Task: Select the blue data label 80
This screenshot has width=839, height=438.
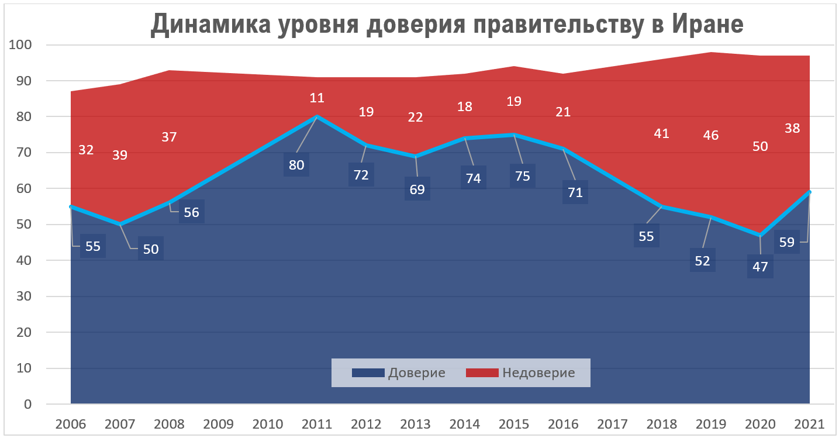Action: (296, 165)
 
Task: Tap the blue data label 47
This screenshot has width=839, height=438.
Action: (760, 267)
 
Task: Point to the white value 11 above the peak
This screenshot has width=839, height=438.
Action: (317, 98)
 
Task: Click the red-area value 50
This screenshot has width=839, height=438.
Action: (760, 146)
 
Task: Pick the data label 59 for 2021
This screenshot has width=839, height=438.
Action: (787, 242)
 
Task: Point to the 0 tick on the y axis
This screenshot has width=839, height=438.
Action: (27, 404)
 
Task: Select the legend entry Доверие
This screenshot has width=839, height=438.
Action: (416, 373)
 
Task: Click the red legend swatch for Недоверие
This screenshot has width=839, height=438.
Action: (482, 373)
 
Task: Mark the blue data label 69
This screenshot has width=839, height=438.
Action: (417, 189)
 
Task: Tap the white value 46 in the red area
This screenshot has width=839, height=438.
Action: (711, 135)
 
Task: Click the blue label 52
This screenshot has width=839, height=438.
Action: (702, 261)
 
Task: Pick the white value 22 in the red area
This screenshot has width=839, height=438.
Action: (416, 117)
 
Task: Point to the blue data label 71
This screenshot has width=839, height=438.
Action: (575, 192)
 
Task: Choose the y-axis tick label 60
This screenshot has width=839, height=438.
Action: (24, 188)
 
